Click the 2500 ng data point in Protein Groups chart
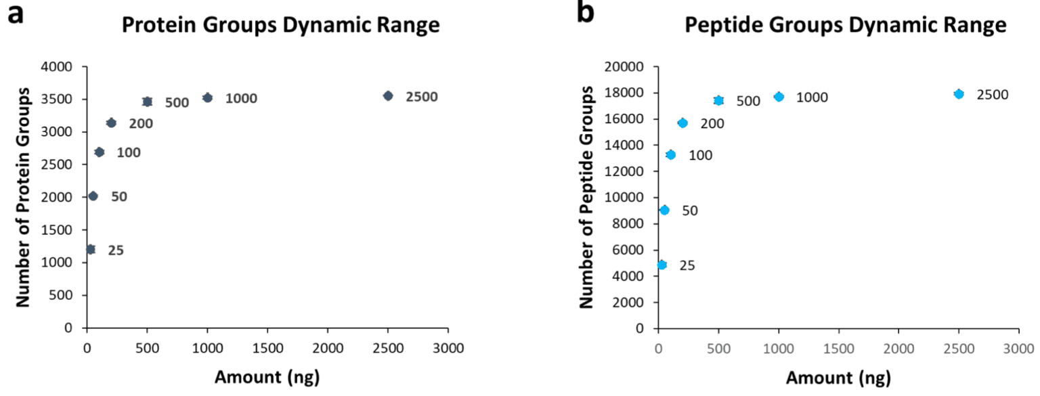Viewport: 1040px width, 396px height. pyautogui.click(x=387, y=96)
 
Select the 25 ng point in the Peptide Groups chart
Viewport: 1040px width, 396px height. pyautogui.click(x=662, y=265)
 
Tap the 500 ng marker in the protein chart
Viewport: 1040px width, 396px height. pyautogui.click(x=147, y=102)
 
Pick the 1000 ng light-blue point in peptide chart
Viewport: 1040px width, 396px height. pyautogui.click(x=779, y=97)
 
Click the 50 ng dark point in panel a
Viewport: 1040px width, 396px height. pyautogui.click(x=93, y=196)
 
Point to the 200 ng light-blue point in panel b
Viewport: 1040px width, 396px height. pyautogui.click(x=682, y=123)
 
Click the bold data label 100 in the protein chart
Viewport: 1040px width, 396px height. pyautogui.click(x=129, y=152)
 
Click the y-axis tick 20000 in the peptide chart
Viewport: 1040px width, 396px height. pyautogui.click(x=627, y=67)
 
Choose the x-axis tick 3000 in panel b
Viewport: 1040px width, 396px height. pyautogui.click(x=1019, y=349)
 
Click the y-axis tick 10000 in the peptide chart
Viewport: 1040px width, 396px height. pyautogui.click(x=627, y=198)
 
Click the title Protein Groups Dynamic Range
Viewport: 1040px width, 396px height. pyautogui.click(x=280, y=25)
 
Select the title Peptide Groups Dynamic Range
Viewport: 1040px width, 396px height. pyautogui.click(x=846, y=25)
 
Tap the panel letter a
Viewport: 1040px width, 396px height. pyautogui.click(x=16, y=14)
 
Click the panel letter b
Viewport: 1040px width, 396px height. pyautogui.click(x=586, y=14)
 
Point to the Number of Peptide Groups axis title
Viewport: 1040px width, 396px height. pyautogui.click(x=588, y=198)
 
